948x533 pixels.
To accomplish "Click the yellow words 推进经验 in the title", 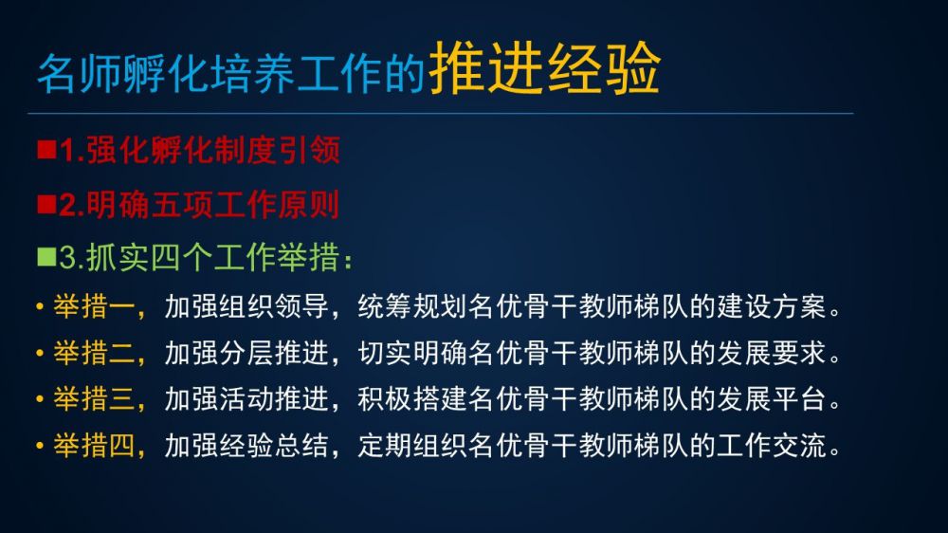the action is (543, 68).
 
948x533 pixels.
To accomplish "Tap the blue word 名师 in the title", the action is (80, 73).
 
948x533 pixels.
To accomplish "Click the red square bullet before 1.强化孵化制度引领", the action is (46, 150).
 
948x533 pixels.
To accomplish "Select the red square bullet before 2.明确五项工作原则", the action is (46, 205).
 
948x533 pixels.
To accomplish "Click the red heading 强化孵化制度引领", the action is (213, 150).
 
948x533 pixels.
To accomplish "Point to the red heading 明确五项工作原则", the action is (212, 205).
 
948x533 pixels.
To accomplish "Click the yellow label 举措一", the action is (94, 306).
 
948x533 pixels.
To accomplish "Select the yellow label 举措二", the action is (94, 353).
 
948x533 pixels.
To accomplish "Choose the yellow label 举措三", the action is (94, 399).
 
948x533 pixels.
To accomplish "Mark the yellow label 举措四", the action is (94, 446).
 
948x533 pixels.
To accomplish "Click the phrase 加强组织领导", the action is (246, 306).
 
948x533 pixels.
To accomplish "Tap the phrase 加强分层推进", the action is (246, 353).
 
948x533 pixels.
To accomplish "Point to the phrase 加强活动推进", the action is (246, 399).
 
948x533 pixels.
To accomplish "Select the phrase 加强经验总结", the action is (246, 446).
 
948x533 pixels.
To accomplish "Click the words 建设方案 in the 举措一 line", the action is (772, 306).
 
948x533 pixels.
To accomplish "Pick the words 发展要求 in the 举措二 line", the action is (772, 353).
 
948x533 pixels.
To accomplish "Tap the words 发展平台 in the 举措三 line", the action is (772, 399).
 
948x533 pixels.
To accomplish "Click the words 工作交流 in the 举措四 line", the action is (772, 446).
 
